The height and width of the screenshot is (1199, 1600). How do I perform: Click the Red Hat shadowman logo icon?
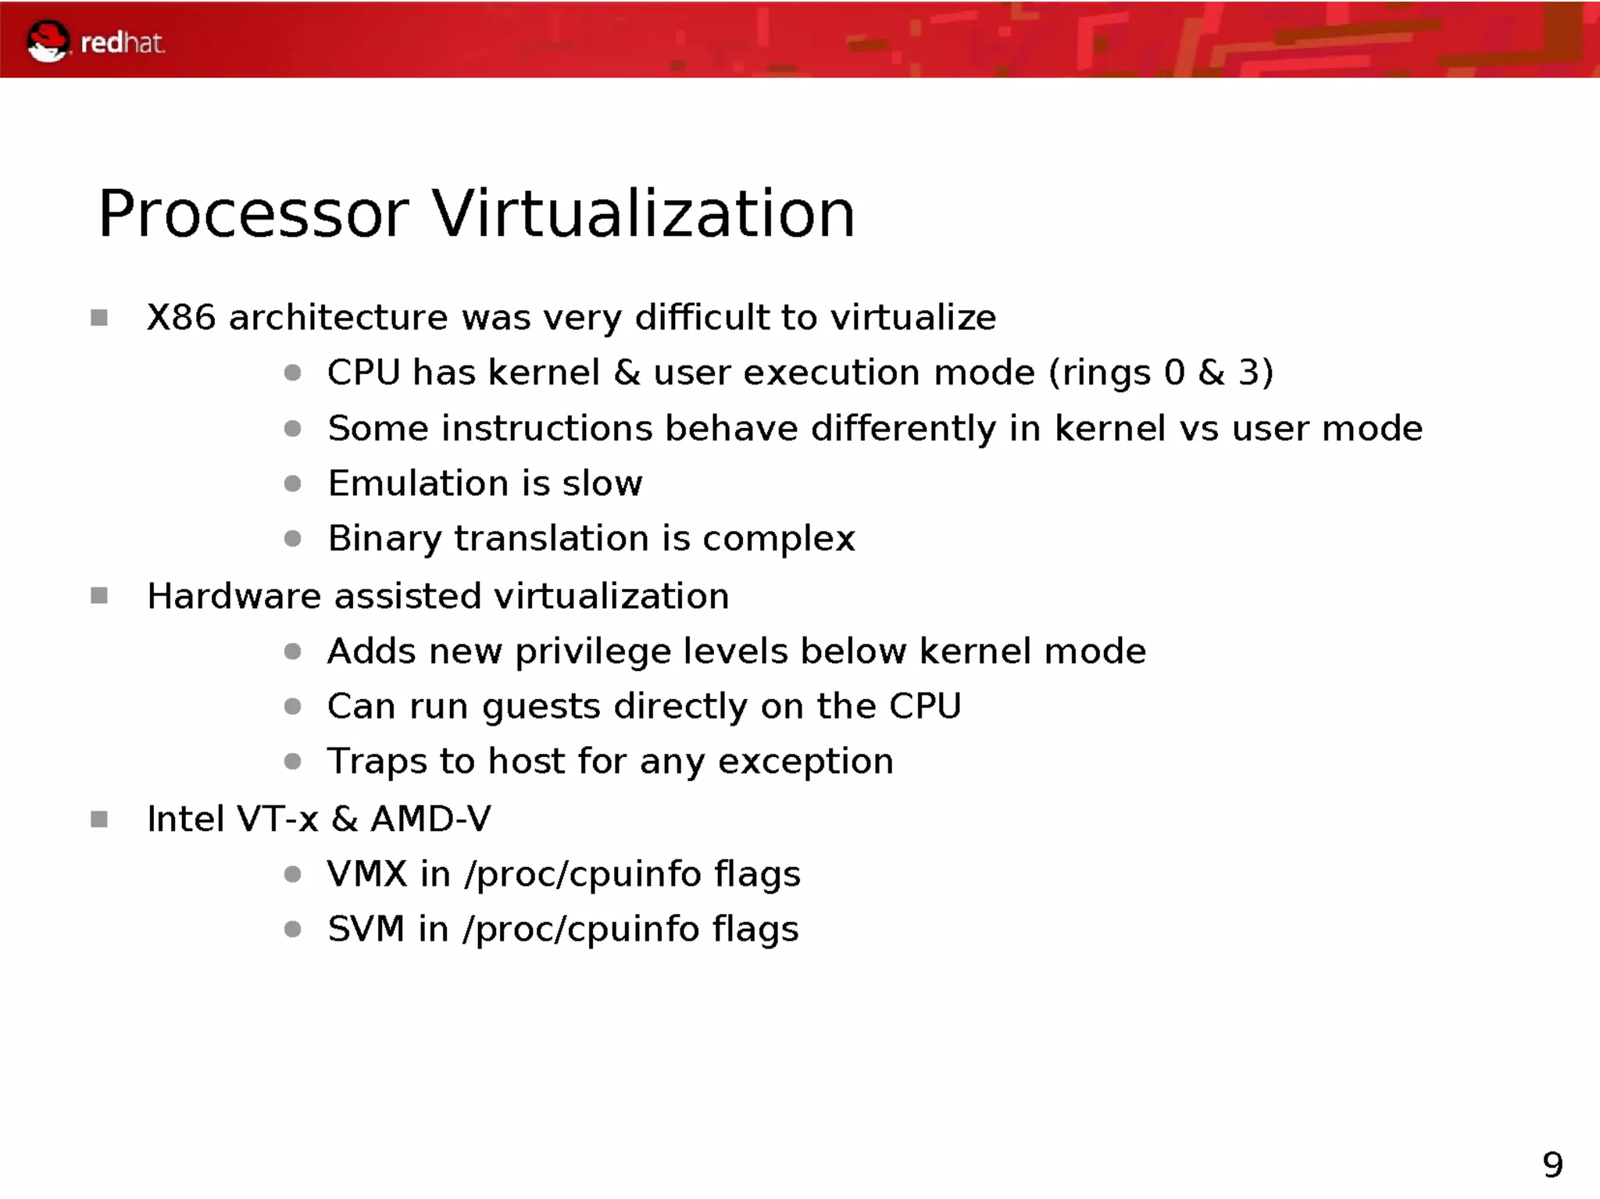pyautogui.click(x=48, y=41)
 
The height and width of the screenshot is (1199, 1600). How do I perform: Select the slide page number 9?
pyautogui.click(x=1552, y=1165)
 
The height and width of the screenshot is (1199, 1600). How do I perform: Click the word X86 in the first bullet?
pyautogui.click(x=180, y=318)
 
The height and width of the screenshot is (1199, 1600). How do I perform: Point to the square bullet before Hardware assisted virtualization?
pyautogui.click(x=99, y=596)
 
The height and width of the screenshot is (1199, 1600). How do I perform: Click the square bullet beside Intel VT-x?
pyautogui.click(x=99, y=819)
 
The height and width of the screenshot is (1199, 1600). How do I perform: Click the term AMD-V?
pyautogui.click(x=431, y=819)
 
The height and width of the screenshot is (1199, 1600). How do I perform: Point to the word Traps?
pyautogui.click(x=377, y=762)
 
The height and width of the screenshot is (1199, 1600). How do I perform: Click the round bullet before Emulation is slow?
pyautogui.click(x=293, y=484)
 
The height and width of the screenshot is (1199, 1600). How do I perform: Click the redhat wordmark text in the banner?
pyautogui.click(x=123, y=43)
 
